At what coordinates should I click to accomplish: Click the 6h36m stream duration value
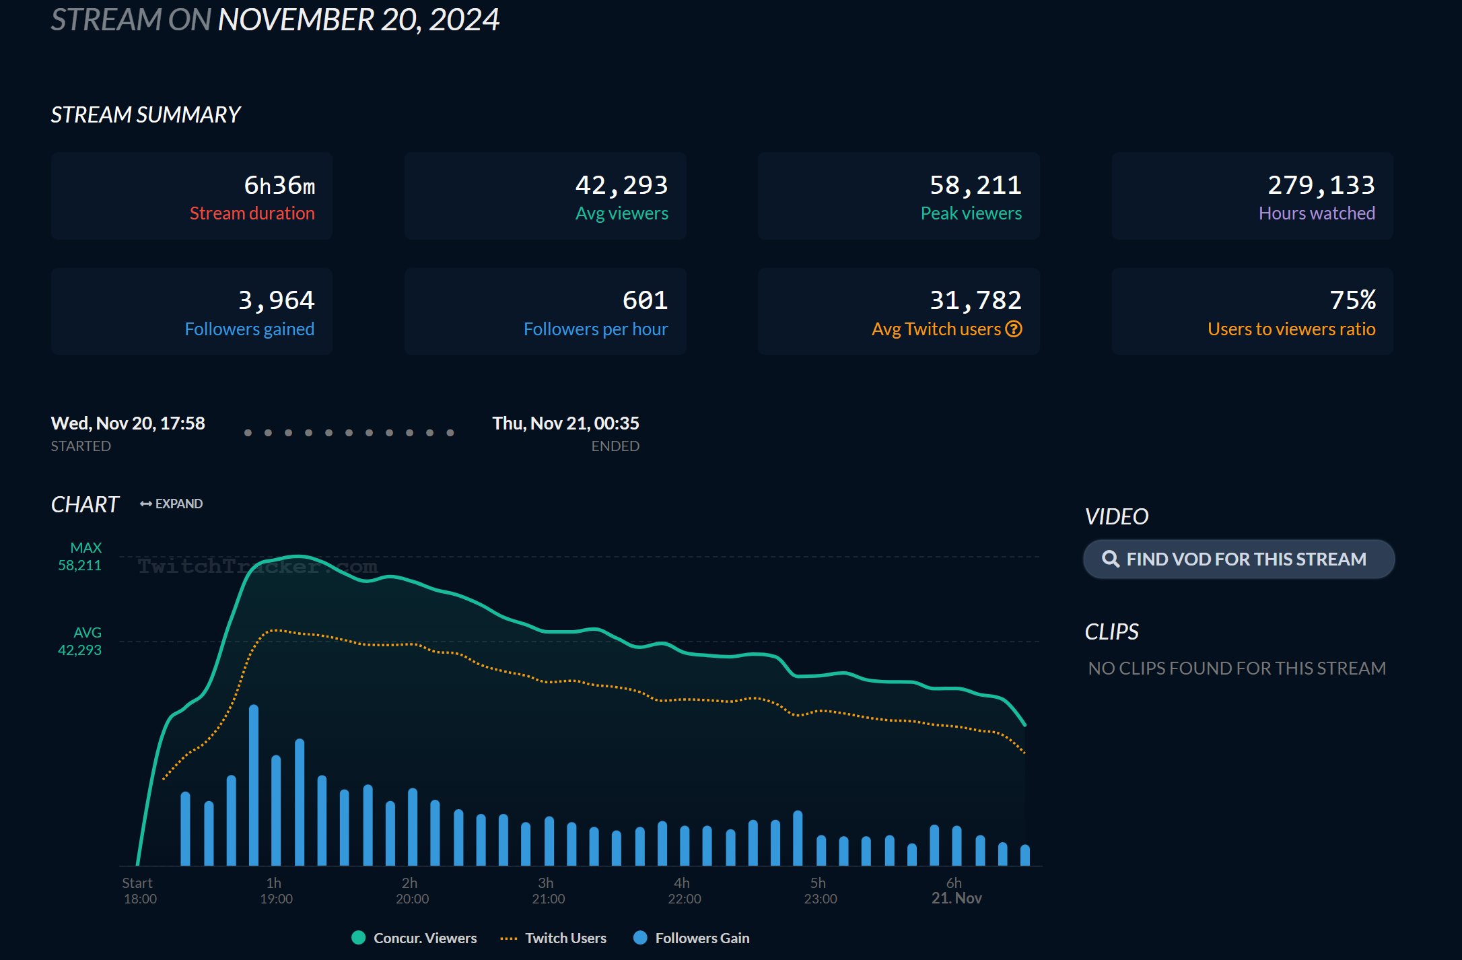pyautogui.click(x=279, y=185)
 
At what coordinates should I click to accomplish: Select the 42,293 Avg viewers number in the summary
pyautogui.click(x=621, y=185)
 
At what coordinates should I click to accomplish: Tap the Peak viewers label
pyautogui.click(x=971, y=213)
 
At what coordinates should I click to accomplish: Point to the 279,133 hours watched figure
pyautogui.click(x=1321, y=185)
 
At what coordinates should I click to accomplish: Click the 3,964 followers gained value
pyautogui.click(x=276, y=300)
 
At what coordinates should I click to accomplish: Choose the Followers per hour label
pyautogui.click(x=595, y=329)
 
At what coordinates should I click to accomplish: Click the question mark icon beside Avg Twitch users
pyautogui.click(x=1014, y=329)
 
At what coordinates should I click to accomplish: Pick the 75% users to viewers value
pyautogui.click(x=1352, y=300)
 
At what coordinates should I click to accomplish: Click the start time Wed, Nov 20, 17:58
pyautogui.click(x=128, y=423)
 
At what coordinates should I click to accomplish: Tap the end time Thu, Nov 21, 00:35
pyautogui.click(x=565, y=423)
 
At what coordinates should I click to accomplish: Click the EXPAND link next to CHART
pyautogui.click(x=172, y=504)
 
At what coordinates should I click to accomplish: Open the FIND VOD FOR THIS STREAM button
pyautogui.click(x=1239, y=559)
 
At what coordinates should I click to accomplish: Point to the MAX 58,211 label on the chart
pyautogui.click(x=81, y=557)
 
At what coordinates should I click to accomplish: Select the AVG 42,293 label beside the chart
pyautogui.click(x=81, y=642)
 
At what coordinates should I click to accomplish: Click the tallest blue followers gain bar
pyautogui.click(x=254, y=784)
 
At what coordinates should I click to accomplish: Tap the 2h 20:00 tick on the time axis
pyautogui.click(x=412, y=891)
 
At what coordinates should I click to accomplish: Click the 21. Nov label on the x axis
pyautogui.click(x=956, y=898)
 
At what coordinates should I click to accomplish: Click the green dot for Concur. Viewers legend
pyautogui.click(x=359, y=938)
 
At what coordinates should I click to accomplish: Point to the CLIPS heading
pyautogui.click(x=1111, y=631)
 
